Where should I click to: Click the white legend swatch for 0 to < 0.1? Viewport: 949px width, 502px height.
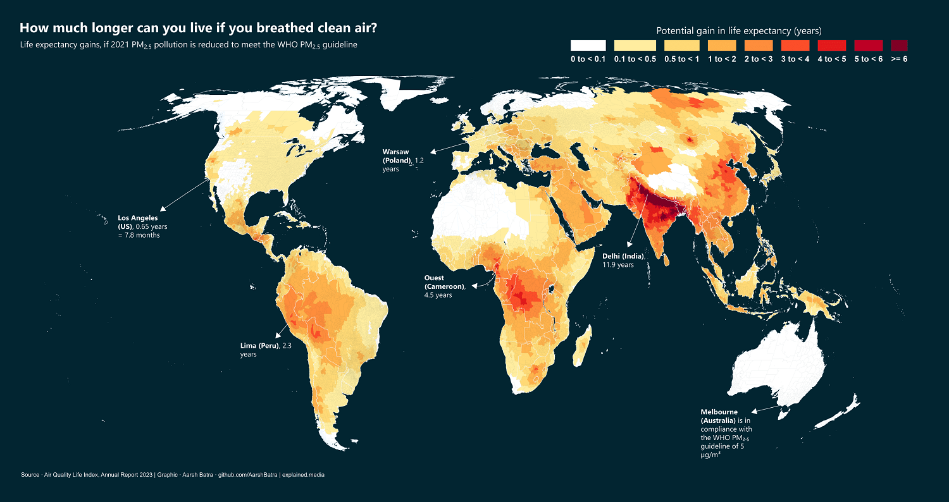click(x=588, y=46)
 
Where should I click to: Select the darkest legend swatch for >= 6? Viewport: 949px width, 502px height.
click(x=898, y=46)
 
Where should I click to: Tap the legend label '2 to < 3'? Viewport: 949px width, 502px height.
click(x=759, y=59)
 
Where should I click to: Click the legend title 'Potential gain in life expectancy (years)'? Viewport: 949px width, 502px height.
click(x=738, y=30)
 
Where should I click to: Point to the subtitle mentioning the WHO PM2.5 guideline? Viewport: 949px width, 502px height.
click(x=189, y=45)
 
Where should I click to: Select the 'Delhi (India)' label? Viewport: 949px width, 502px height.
click(x=623, y=256)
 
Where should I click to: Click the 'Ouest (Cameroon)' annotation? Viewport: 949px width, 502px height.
click(x=444, y=286)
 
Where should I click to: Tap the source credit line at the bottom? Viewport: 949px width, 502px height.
click(x=173, y=474)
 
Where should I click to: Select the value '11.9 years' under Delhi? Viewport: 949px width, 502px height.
click(x=617, y=265)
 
